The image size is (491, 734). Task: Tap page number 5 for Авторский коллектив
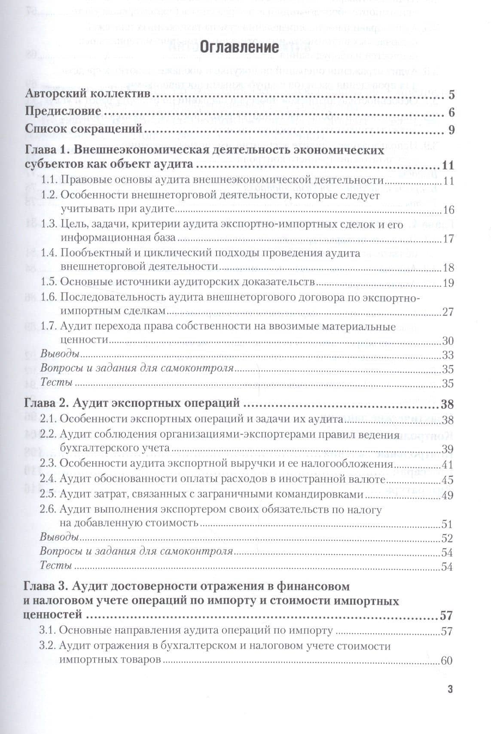[451, 95]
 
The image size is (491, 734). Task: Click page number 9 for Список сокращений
[451, 129]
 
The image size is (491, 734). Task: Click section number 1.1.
[49, 181]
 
